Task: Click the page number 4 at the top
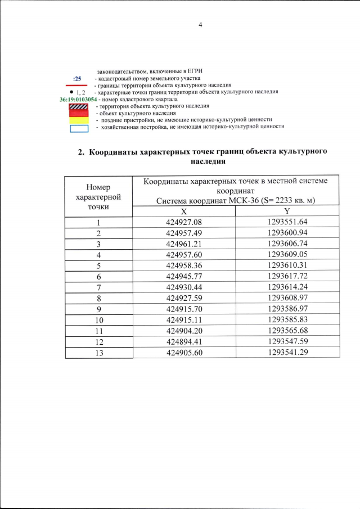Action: click(x=200, y=24)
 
